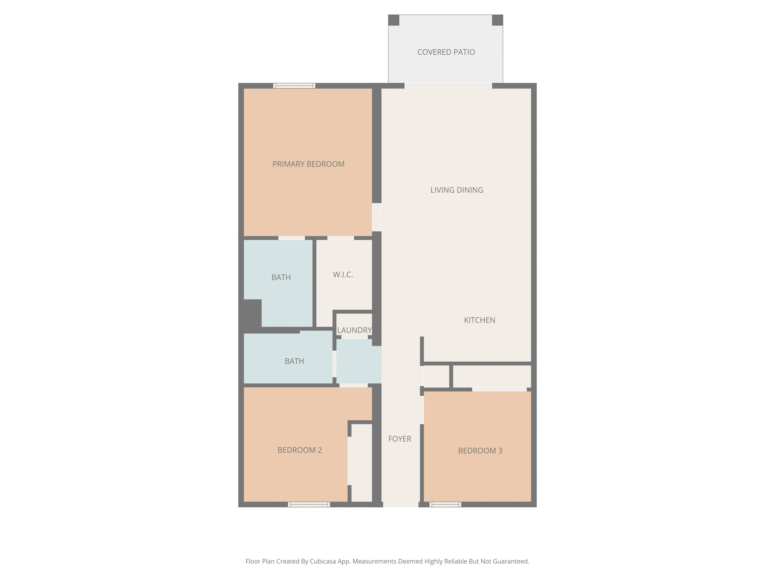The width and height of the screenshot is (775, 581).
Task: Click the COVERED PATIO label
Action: point(446,52)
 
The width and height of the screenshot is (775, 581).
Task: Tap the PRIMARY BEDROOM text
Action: point(308,164)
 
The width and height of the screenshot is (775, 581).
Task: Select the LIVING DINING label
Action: point(457,190)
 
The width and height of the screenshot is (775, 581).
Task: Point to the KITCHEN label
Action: point(479,320)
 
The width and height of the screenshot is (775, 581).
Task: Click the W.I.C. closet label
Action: point(343,274)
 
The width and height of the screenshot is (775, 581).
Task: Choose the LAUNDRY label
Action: point(354,330)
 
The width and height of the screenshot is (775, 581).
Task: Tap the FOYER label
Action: point(400,439)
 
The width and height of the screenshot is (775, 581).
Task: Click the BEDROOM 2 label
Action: point(300,450)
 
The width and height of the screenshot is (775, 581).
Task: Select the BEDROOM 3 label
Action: point(480,451)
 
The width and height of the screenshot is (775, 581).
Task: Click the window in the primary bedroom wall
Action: point(294,86)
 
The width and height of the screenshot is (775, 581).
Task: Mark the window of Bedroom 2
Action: point(309,504)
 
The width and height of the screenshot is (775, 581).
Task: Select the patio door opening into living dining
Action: point(448,86)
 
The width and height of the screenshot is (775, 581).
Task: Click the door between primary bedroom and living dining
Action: point(377,217)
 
